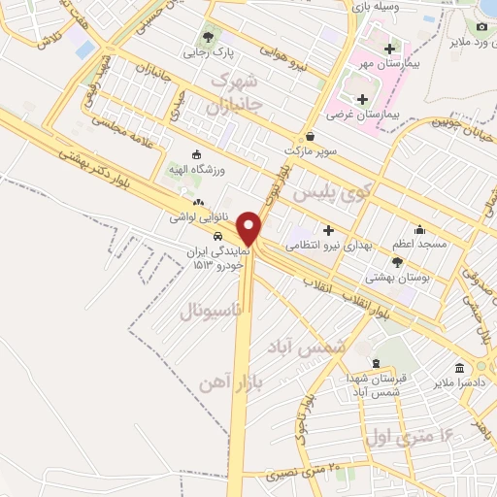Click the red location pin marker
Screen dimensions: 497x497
[250, 227]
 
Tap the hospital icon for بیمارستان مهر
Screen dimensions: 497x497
[389, 49]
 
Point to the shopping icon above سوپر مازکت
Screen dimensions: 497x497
[309, 136]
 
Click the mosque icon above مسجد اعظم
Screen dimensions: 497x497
[419, 229]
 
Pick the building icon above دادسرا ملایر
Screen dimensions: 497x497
[459, 368]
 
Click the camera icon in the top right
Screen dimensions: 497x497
[483, 26]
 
